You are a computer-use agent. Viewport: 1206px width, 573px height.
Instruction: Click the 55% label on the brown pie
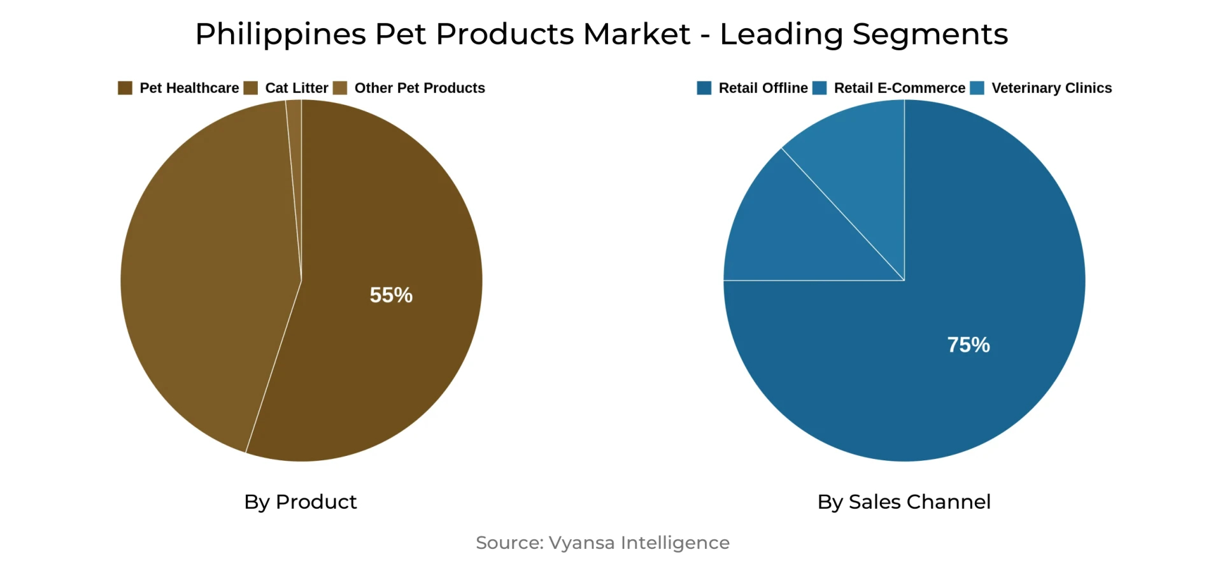pyautogui.click(x=391, y=295)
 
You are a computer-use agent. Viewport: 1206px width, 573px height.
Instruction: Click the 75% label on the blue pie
pyautogui.click(x=968, y=345)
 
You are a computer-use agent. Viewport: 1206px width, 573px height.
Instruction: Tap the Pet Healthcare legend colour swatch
pyautogui.click(x=125, y=88)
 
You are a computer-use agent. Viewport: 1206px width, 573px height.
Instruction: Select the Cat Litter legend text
pyautogui.click(x=296, y=88)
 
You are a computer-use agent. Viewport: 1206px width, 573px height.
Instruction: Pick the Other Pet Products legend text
pyautogui.click(x=419, y=88)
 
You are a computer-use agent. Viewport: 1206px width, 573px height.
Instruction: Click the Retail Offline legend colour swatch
pyautogui.click(x=704, y=88)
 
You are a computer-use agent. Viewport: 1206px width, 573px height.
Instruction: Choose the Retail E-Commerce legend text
pyautogui.click(x=899, y=88)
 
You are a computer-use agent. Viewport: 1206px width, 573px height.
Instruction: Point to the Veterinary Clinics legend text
pyautogui.click(x=1051, y=88)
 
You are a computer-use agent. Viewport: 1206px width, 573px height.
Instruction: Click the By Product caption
pyautogui.click(x=300, y=502)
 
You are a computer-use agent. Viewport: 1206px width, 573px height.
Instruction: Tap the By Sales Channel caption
pyautogui.click(x=904, y=502)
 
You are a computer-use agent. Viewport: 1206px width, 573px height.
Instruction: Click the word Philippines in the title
pyautogui.click(x=280, y=34)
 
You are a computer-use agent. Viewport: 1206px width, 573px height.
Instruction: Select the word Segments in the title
pyautogui.click(x=930, y=34)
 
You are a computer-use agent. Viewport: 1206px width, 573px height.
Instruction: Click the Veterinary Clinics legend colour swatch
pyautogui.click(x=977, y=88)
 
